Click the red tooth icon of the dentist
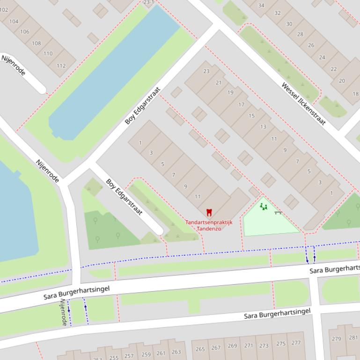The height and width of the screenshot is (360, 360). pos(209,213)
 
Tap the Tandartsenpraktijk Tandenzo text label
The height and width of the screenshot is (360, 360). pos(209,225)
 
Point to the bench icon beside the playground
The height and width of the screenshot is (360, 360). pos(279,213)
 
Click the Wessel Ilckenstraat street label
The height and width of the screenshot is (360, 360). pos(303,104)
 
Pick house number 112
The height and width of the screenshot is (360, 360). pos(61,66)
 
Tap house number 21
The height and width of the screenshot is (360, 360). pos(219,83)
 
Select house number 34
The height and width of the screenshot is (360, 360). pos(261,6)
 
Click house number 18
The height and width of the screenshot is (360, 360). pos(355,94)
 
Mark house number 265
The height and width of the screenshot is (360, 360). pos(200,349)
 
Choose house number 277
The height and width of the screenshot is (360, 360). pos(295,343)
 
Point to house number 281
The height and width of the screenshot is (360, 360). pos(353,338)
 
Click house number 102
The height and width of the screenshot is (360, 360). pos(3,9)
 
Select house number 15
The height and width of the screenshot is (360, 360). pos(252,116)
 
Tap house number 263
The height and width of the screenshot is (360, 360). pos(176,352)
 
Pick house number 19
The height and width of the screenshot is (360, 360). pos(230,93)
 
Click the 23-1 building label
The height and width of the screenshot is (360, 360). pos(148,2)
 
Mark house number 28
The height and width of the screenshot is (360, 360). pos(300,34)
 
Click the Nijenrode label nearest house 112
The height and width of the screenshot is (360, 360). pos(14,65)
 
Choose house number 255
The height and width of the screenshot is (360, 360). pos(114,358)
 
